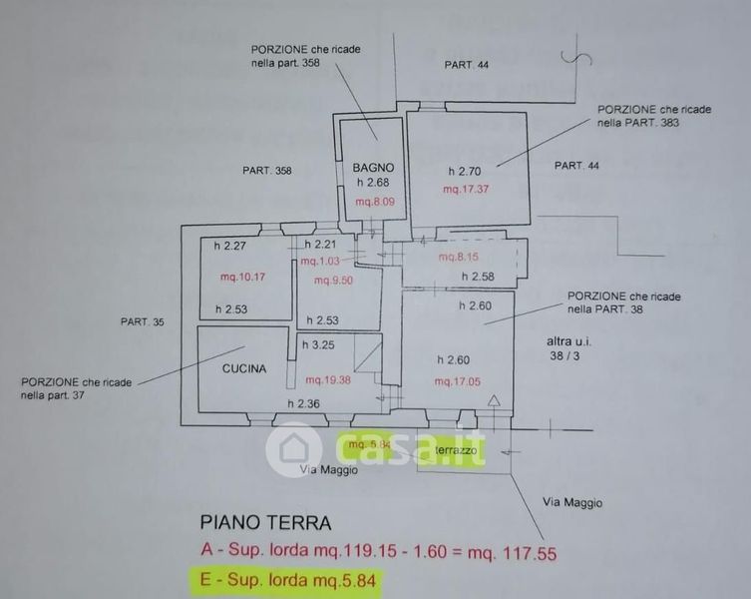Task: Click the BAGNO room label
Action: (x=374, y=168)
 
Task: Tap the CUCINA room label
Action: (x=244, y=368)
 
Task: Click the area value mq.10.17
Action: (x=241, y=277)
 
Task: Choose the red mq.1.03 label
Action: (x=319, y=262)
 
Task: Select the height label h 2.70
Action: (x=465, y=170)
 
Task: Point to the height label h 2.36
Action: (x=303, y=403)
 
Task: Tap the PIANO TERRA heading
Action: (x=266, y=521)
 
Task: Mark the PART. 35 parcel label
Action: (x=142, y=321)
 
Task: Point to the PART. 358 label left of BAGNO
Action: (x=267, y=171)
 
